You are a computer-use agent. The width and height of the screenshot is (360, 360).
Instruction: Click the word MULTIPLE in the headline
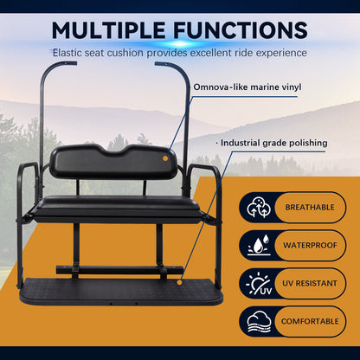tap(108, 30)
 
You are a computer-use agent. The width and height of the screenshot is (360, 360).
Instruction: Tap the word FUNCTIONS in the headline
tap(241, 30)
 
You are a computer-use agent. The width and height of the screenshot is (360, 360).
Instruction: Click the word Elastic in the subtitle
tap(69, 53)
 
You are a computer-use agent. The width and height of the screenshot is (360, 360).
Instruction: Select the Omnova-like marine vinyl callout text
tap(247, 87)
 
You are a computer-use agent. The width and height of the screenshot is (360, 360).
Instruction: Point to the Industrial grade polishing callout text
tap(274, 143)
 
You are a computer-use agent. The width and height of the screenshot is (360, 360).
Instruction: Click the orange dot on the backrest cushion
tap(165, 158)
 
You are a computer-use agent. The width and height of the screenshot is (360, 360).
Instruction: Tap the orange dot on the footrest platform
tap(179, 282)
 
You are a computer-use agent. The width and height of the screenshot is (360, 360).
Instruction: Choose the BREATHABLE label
tap(310, 207)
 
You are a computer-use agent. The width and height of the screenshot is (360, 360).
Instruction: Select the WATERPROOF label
tap(310, 245)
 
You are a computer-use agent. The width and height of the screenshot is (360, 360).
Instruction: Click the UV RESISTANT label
tap(310, 283)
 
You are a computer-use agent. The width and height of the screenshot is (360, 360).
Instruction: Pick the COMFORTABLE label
tap(310, 321)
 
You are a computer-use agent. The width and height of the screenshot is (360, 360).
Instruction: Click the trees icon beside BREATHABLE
tap(259, 207)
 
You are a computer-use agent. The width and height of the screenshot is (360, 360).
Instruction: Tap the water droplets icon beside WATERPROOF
tap(259, 245)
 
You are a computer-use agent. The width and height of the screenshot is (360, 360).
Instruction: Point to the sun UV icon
tap(259, 283)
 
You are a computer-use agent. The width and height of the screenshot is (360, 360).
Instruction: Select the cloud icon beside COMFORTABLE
tap(259, 321)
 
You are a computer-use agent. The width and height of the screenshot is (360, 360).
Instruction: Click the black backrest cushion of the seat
tap(112, 162)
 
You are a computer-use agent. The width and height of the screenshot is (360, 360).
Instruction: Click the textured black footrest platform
tap(121, 292)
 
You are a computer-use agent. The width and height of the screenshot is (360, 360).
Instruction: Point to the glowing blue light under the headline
tap(180, 44)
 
